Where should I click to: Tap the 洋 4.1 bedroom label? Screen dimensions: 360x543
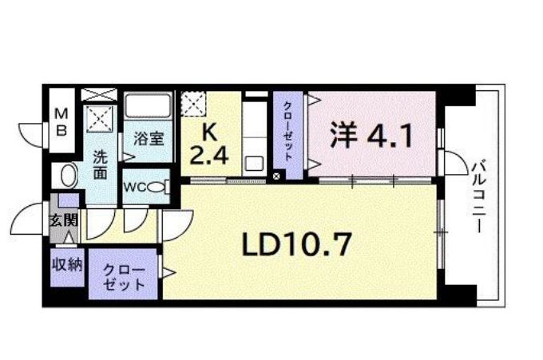pos(372,136)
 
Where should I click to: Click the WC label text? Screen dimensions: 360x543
pos(133,188)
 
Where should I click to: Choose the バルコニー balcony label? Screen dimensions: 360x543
pos(478,192)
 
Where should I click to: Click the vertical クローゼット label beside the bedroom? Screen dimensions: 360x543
pos(288,135)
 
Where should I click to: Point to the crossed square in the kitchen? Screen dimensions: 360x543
pos(194,105)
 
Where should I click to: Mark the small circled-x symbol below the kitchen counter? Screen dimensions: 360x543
pos(277,176)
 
